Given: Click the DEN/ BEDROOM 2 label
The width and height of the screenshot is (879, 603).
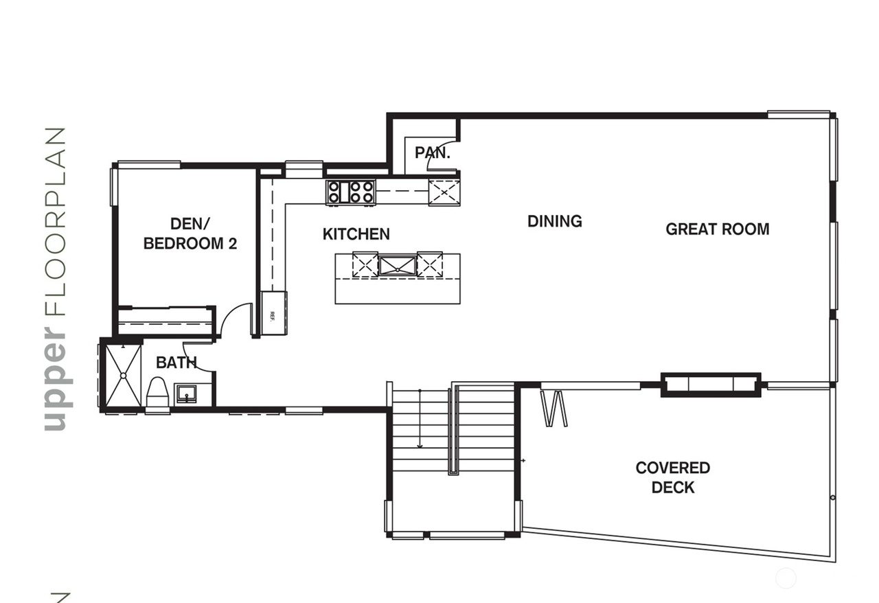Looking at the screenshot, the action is pos(190,234).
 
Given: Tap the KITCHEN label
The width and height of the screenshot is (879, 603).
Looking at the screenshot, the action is pos(356,234).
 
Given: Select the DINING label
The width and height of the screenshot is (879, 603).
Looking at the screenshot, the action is pos(554,221).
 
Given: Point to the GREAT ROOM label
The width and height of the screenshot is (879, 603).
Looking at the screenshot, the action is pos(718,229).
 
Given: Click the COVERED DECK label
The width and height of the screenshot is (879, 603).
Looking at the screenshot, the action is pos(672,477).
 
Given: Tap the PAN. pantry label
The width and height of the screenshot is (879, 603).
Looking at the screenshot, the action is pos(433,152).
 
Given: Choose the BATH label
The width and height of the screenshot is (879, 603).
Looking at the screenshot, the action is pos(176,363).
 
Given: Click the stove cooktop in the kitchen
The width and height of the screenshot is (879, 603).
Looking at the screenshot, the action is pos(350,192).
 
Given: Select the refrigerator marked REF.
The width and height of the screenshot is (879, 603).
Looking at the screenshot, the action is pos(274,313).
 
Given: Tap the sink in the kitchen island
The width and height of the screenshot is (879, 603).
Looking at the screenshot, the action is pos(397,266).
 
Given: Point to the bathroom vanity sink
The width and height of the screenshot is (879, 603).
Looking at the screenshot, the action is pos(186,394).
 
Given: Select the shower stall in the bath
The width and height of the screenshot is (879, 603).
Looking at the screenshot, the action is pos(123,375).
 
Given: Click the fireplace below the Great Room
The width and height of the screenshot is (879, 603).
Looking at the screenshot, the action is pos(711,385).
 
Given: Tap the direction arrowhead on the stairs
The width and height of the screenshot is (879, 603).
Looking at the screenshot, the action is pos(420,446).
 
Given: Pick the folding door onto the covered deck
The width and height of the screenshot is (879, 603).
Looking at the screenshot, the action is pos(553,408).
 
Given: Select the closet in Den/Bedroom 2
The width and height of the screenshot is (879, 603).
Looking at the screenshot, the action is pos(165,321).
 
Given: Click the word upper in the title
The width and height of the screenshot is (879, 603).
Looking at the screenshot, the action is pos(57,380).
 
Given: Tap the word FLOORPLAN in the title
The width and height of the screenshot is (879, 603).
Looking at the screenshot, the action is pos(54,222).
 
